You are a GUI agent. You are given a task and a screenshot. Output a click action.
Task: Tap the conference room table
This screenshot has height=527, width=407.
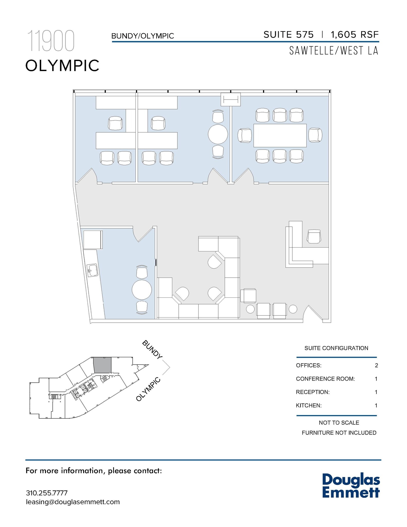point(280,135)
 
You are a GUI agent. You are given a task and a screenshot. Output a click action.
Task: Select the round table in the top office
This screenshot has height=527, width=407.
point(218,134)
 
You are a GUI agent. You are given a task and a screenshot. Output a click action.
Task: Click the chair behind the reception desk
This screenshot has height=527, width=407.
point(314,236)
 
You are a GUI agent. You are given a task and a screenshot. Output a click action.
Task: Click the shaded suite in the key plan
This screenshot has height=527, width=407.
point(102,365)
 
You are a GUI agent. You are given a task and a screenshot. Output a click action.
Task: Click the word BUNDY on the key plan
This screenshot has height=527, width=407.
point(152,349)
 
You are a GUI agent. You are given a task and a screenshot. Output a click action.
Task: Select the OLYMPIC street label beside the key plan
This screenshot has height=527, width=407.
point(148,389)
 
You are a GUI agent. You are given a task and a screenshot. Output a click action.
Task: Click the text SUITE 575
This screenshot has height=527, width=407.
point(288,35)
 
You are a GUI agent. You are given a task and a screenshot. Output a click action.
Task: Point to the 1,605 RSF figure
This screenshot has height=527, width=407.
point(355,35)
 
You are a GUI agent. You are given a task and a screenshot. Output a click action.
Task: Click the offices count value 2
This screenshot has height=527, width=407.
point(376,365)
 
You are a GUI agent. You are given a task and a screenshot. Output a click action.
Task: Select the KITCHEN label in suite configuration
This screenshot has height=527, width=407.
point(309,406)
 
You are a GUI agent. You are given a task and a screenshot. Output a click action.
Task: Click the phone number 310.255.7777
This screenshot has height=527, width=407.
point(47,493)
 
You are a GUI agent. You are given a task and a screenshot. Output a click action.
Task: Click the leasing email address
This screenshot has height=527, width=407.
point(73,502)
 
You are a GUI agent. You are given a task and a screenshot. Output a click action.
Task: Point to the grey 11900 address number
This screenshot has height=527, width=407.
point(51,41)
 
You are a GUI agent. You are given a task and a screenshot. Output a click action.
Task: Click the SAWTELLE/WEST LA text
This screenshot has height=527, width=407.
point(333,51)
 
